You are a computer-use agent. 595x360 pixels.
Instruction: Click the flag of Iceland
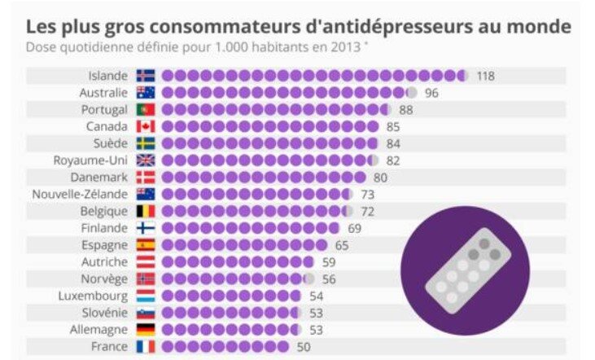[145, 76]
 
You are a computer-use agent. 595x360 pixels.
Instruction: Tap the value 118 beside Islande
[486, 76]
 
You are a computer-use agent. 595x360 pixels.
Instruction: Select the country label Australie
[103, 93]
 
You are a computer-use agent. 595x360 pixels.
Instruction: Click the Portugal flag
[145, 109]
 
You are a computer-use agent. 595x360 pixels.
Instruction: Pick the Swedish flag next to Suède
[145, 143]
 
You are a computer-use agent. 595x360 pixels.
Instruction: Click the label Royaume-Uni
[90, 160]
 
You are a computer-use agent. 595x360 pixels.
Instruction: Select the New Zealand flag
[145, 194]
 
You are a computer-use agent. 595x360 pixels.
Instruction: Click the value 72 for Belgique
[367, 211]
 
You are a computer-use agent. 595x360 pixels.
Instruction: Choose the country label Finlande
[103, 228]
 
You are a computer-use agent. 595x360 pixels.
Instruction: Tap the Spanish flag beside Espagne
[145, 244]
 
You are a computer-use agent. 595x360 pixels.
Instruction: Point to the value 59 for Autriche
[329, 261]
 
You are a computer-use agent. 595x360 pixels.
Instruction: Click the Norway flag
[145, 279]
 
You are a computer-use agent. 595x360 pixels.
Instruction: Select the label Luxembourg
[93, 296]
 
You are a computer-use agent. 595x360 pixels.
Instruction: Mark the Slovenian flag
[145, 312]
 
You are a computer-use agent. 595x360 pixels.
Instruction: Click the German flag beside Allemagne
[145, 329]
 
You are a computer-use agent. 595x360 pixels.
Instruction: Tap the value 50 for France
[302, 346]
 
